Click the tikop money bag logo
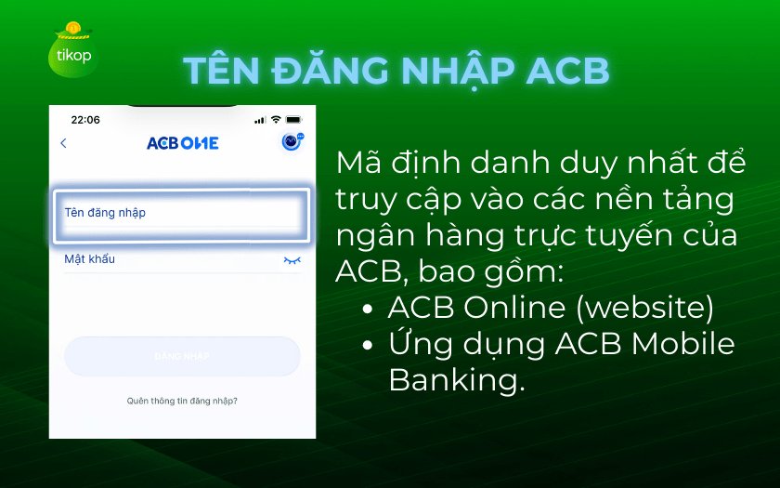72,50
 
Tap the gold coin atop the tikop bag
73,28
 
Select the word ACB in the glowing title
567,71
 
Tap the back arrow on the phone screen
63,143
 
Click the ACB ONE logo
183,143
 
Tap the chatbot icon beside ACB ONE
292,141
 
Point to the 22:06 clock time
85,120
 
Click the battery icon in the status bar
293,120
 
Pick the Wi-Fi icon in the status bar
276,120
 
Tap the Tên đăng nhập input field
182,216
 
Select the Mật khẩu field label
89,259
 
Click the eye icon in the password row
292,260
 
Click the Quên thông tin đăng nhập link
182,401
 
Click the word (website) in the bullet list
645,308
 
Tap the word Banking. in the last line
456,380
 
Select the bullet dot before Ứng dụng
368,346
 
